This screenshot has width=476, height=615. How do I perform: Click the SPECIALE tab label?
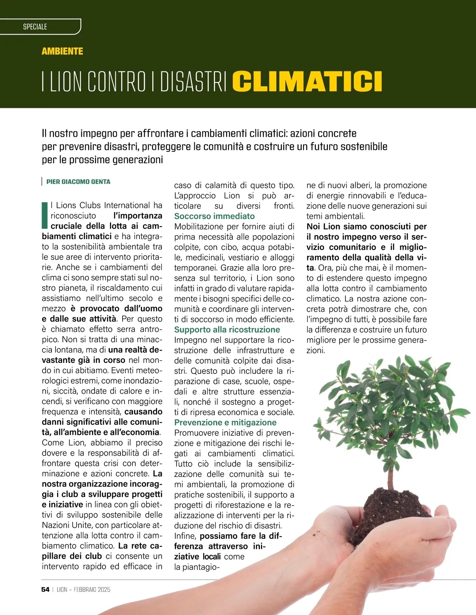35,27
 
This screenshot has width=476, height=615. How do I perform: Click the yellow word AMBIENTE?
62,51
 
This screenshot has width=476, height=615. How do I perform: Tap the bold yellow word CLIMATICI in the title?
307,81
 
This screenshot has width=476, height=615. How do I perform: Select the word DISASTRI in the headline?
193,81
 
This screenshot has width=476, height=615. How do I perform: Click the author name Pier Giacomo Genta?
78,182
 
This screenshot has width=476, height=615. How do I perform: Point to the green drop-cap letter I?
45,215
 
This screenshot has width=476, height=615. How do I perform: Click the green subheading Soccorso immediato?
214,216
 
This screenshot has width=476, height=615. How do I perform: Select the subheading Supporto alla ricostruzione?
227,330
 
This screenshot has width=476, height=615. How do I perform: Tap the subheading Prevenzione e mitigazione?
225,422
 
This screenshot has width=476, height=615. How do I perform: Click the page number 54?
45,589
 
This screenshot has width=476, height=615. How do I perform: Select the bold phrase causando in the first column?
143,412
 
